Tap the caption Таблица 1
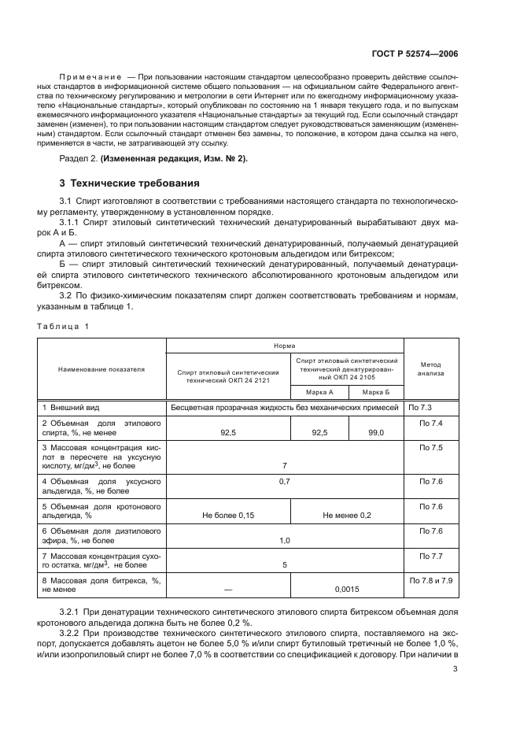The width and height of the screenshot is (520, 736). (x=63, y=326)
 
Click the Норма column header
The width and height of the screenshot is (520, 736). (x=284, y=345)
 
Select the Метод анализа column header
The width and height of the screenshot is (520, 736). (x=431, y=368)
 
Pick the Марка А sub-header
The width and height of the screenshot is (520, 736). (x=319, y=391)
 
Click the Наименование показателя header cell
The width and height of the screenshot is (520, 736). (x=101, y=368)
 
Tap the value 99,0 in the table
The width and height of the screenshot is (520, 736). (x=375, y=432)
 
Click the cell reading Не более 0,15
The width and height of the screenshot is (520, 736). (x=228, y=515)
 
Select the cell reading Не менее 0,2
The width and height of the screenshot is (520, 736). (x=347, y=515)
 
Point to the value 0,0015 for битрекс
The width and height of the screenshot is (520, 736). (x=347, y=588)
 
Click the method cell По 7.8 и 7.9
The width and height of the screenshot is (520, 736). (x=431, y=580)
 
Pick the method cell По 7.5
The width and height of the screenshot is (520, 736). (x=431, y=448)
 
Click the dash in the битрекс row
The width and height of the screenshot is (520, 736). (x=228, y=588)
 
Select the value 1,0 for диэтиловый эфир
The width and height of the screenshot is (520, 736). (x=284, y=540)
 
